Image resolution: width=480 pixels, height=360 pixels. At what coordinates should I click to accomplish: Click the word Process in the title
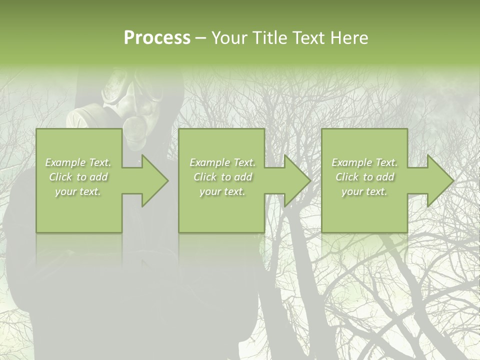[x=157, y=38]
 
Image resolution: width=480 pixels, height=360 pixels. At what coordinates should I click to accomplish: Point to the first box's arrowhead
[x=153, y=180]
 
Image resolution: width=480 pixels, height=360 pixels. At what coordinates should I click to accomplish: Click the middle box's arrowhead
[x=295, y=180]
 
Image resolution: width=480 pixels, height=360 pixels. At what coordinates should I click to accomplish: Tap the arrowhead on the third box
[x=438, y=180]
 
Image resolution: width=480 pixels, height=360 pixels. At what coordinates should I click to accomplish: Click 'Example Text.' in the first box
[x=78, y=162]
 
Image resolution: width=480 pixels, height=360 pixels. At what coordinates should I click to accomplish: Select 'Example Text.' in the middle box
[x=222, y=162]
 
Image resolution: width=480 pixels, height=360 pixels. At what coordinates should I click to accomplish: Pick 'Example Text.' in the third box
[x=364, y=162]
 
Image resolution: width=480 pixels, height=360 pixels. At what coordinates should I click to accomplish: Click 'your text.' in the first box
[x=78, y=191]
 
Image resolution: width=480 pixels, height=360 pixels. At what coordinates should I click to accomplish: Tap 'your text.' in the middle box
[x=222, y=191]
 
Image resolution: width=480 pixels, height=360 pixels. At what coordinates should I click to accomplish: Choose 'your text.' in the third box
[x=364, y=191]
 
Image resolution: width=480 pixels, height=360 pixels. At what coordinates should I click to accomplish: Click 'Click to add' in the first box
[x=78, y=177]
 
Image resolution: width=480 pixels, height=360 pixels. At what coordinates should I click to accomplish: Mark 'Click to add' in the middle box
[x=222, y=177]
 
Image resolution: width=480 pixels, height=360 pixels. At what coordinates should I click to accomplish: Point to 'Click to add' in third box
[x=364, y=177]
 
